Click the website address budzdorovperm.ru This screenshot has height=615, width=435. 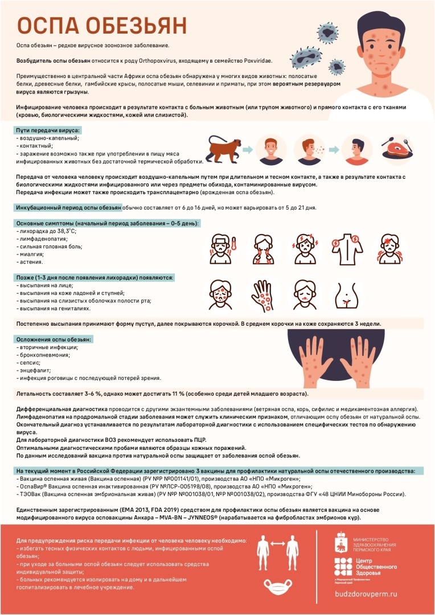[x=373, y=593]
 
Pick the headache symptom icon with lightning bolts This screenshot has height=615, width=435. [x=306, y=248]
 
